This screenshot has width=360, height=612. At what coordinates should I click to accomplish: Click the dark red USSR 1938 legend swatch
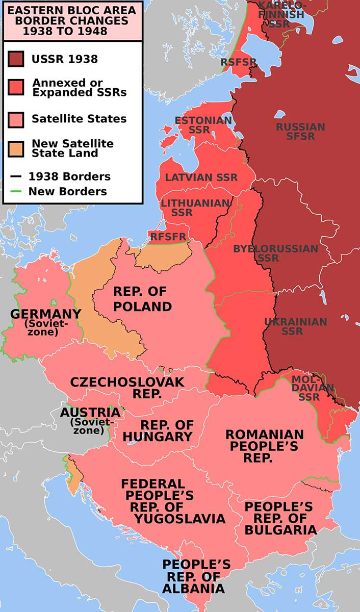click(16, 59)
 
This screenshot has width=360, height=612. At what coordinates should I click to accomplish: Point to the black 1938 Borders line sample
click(16, 177)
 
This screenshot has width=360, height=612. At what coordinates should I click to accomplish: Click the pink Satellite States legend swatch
click(16, 119)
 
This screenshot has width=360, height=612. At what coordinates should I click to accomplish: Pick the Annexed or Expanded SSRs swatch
click(16, 87)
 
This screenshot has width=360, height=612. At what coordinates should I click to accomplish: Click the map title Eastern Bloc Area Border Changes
click(71, 20)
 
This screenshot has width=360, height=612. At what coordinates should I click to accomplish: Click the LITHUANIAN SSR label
click(195, 208)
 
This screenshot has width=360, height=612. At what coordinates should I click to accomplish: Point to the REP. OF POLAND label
click(142, 299)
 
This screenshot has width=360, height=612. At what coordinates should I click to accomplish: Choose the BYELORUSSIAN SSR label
click(275, 253)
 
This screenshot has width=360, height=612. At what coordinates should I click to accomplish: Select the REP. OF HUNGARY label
click(158, 431)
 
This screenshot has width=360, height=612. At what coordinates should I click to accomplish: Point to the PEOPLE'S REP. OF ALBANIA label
click(196, 576)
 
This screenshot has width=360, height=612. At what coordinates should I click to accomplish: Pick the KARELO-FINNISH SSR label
click(282, 14)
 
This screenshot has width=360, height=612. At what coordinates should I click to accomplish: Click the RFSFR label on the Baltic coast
click(168, 236)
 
